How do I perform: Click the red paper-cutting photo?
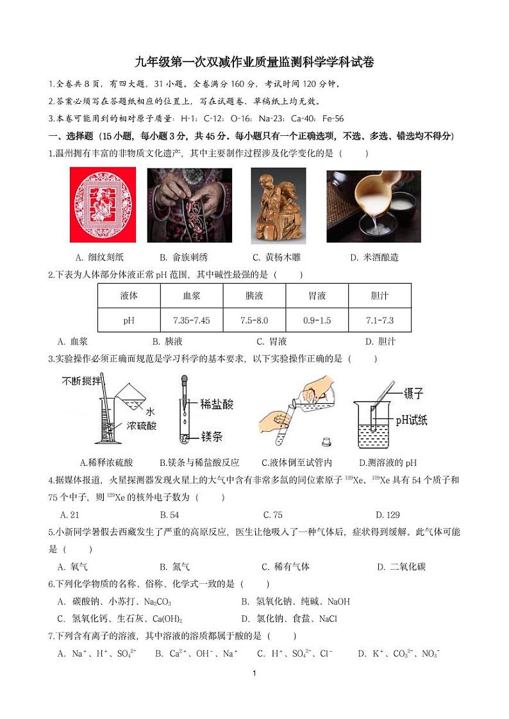click(x=103, y=205)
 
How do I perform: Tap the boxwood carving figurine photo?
click(x=278, y=206)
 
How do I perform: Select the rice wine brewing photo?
click(x=373, y=206)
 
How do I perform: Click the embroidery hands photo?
click(x=190, y=205)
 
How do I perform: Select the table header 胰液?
click(x=254, y=295)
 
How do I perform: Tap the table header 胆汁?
click(x=380, y=295)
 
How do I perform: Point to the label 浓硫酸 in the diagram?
click(x=141, y=426)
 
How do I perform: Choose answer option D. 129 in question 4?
click(x=387, y=515)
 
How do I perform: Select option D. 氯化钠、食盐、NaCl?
click(x=288, y=618)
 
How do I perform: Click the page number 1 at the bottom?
click(x=254, y=673)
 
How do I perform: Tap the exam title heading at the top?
click(x=254, y=62)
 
